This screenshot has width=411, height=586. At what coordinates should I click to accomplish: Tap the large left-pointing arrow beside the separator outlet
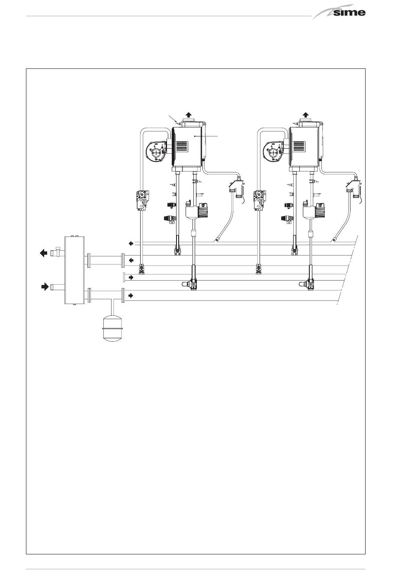43,253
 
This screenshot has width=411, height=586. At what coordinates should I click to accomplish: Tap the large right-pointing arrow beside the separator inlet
44,286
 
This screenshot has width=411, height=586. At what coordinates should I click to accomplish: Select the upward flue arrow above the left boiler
188,116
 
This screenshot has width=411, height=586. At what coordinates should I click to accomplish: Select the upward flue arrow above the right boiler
305,116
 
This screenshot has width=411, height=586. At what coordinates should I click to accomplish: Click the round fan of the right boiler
273,152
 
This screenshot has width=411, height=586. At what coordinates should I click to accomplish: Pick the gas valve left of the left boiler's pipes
142,200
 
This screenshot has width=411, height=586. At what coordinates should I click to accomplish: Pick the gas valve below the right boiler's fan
259,200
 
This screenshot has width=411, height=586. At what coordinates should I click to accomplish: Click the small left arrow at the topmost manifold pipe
131,243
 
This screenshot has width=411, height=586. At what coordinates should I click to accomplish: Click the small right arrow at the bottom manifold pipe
131,295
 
